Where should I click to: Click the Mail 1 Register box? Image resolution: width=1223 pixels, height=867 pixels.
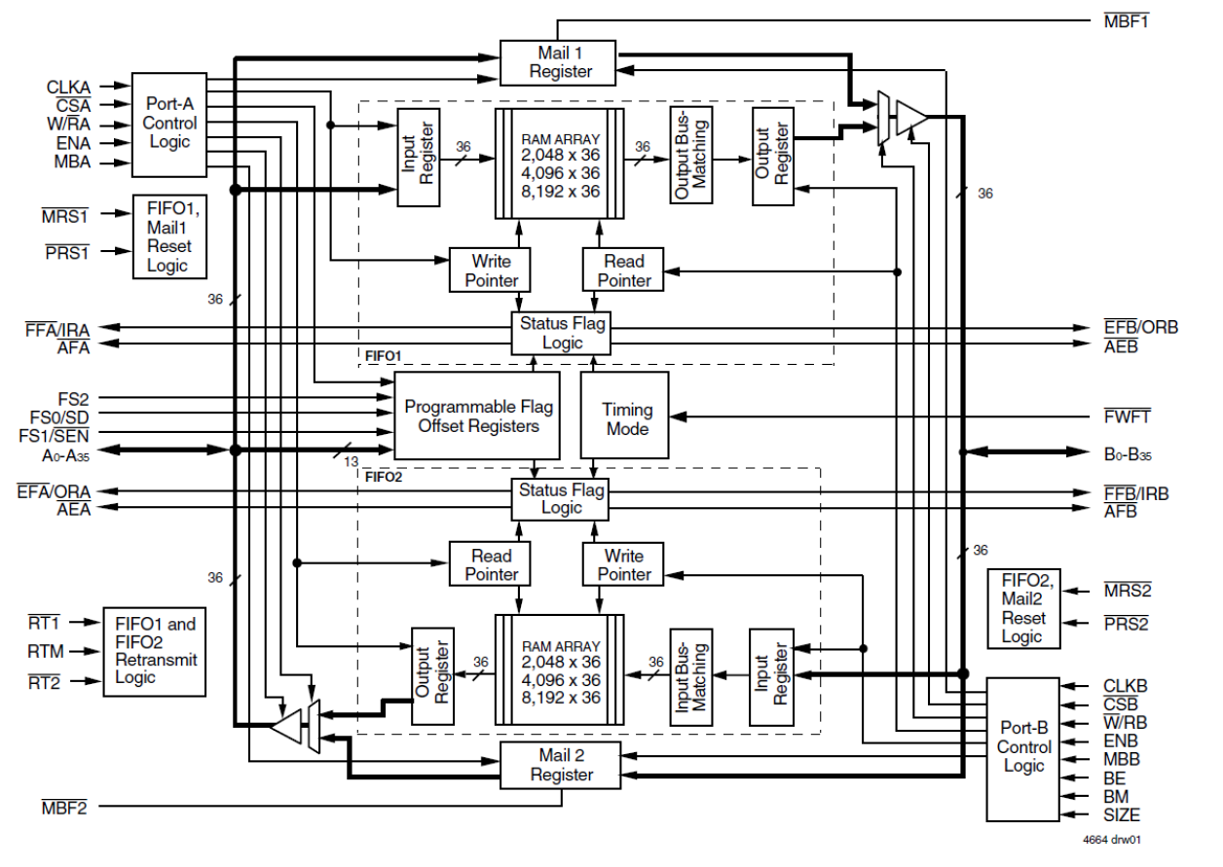click(559, 61)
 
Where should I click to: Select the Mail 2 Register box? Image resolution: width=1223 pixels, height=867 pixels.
click(559, 764)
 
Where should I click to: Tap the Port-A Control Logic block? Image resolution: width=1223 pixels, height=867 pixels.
click(169, 124)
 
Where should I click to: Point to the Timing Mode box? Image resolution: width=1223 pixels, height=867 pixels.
click(625, 415)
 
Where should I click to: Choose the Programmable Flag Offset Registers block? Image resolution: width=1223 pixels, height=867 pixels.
click(477, 415)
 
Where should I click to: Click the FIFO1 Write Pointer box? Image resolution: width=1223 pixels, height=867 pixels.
click(491, 271)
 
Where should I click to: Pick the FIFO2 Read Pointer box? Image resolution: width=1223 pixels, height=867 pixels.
click(491, 565)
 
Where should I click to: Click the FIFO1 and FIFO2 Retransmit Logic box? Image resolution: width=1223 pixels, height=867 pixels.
click(155, 651)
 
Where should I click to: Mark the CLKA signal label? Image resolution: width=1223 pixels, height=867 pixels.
click(68, 87)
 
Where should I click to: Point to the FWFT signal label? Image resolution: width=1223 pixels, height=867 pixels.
click(1128, 416)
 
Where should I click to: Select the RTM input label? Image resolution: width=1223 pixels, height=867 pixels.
click(45, 651)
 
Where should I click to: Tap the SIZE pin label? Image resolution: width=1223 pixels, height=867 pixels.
click(1122, 815)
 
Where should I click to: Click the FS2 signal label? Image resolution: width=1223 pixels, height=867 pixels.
click(72, 397)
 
